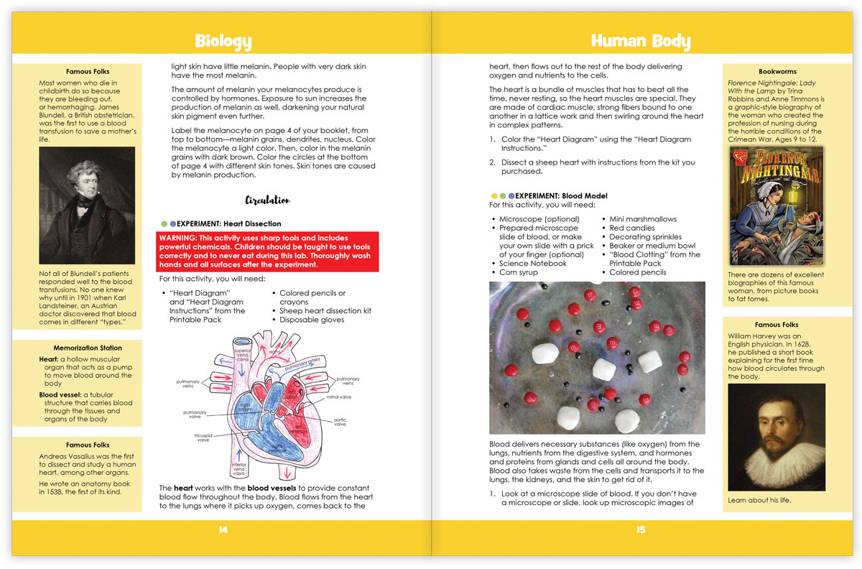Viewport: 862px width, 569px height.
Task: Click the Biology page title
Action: click(223, 41)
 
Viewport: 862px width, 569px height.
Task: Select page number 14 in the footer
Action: click(223, 530)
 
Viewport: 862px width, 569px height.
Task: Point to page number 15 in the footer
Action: click(640, 530)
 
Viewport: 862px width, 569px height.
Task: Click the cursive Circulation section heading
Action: click(267, 200)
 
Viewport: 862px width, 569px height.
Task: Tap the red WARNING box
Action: click(267, 251)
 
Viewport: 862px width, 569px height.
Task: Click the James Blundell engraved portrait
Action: click(86, 205)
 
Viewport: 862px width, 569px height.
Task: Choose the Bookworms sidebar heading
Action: click(777, 72)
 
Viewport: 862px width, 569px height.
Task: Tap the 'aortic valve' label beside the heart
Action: click(340, 422)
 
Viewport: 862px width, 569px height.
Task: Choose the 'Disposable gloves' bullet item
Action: click(312, 320)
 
